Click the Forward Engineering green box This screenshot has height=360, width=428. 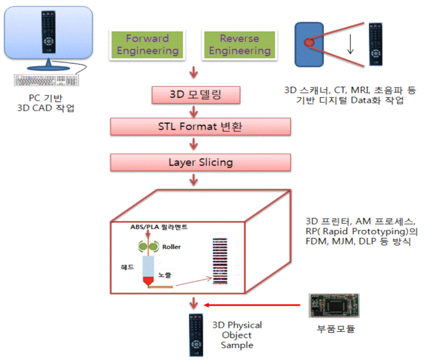(x=147, y=44)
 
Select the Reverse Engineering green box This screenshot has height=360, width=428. (x=239, y=44)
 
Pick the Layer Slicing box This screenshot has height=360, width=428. (x=200, y=161)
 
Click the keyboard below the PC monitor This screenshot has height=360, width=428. (x=47, y=81)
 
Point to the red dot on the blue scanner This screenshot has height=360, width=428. (x=310, y=43)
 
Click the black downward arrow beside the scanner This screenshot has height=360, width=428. (x=350, y=44)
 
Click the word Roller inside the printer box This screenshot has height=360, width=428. (x=171, y=247)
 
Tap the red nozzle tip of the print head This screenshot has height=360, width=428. (x=148, y=281)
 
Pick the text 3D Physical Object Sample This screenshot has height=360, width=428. (x=237, y=335)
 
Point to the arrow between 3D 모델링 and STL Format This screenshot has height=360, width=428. (x=194, y=110)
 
